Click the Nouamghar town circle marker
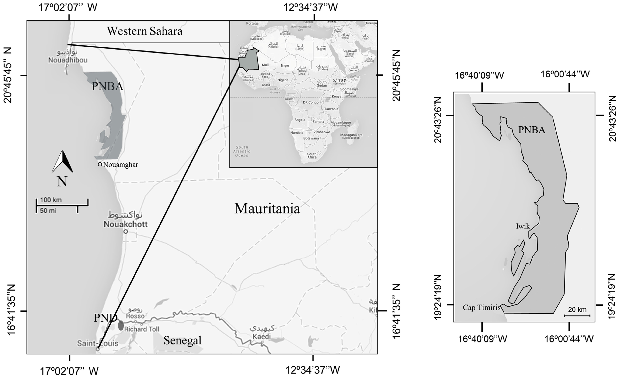(x=100, y=164)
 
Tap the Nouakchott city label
(x=126, y=224)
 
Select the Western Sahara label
(x=144, y=31)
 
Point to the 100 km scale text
(x=51, y=200)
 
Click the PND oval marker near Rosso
(x=121, y=326)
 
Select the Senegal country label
(x=182, y=340)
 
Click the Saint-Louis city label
(x=97, y=343)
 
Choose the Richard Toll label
(x=142, y=329)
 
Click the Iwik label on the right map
(x=523, y=226)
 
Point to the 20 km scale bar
(x=577, y=315)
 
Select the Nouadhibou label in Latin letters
(x=68, y=60)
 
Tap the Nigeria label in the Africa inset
(x=283, y=80)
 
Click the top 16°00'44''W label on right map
(x=565, y=74)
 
